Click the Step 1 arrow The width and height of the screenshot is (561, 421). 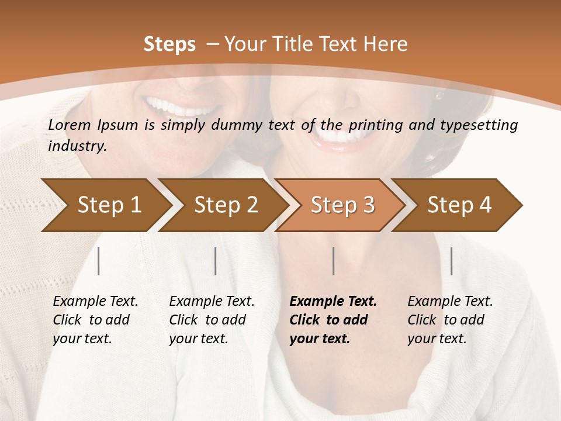pos(105,205)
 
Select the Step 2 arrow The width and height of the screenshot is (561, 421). pos(222,205)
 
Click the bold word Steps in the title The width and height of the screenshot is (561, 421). pos(169,44)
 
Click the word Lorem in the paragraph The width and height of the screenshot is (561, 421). pos(68,125)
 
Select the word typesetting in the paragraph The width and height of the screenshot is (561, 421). pos(483,125)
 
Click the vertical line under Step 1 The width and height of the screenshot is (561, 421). pos(98,261)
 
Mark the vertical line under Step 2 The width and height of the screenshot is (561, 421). pos(216,261)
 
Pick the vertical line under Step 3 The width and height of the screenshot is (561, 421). pos(333,261)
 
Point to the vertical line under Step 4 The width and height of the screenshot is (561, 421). pos(451,261)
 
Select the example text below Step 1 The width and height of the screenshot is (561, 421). pos(95,320)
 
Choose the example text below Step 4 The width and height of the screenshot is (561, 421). pos(449,320)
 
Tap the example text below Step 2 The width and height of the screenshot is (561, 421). pos(212,320)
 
